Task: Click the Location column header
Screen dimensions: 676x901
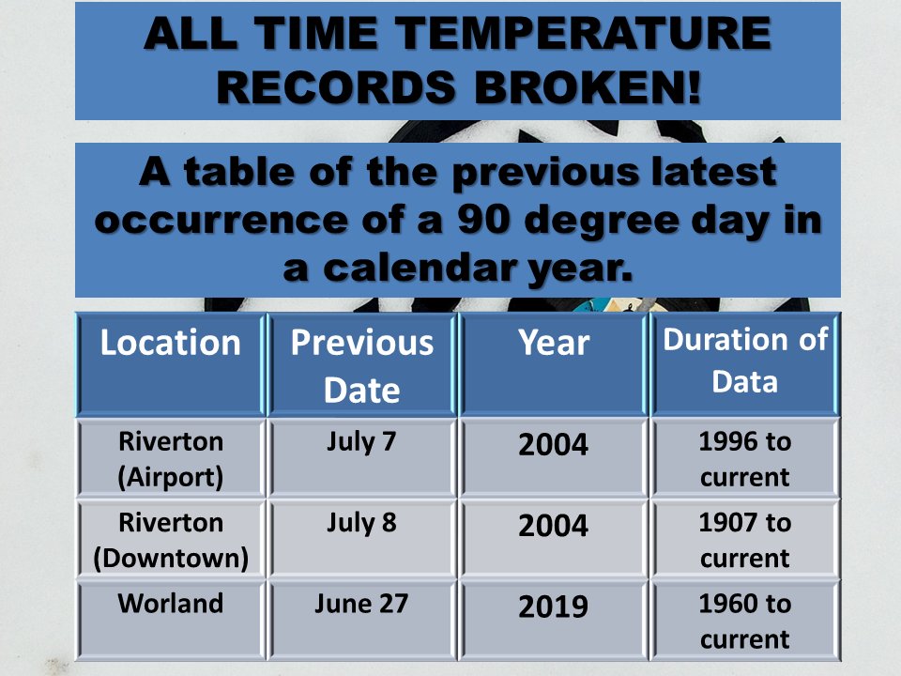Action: (170, 344)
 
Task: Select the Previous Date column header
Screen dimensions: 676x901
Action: (362, 365)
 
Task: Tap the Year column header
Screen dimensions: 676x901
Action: (554, 344)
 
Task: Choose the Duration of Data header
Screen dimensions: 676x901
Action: (745, 361)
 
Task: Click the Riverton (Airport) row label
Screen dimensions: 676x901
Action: (171, 459)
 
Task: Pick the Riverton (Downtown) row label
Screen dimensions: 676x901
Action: (171, 541)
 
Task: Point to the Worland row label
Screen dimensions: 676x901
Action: (171, 603)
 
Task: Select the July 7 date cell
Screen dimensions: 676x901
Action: (362, 441)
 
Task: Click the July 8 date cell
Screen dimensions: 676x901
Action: (362, 523)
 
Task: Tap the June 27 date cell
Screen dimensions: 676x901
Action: (362, 603)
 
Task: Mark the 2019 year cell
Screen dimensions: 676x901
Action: (554, 607)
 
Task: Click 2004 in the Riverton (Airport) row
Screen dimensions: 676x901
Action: (554, 445)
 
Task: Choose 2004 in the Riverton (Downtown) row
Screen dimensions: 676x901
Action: (554, 527)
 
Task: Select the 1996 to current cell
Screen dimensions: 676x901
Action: (745, 459)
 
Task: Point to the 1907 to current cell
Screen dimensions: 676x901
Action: (745, 541)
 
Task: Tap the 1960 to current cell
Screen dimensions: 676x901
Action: (745, 622)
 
